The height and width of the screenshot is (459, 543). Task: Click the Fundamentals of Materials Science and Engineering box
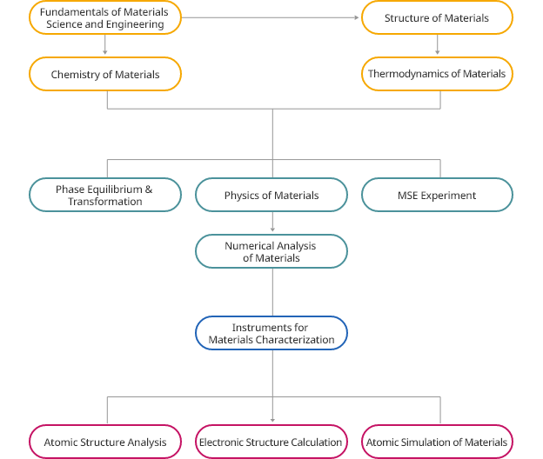104,18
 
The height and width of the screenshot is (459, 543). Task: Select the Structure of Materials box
436,18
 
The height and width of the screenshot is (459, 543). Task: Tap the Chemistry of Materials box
104,75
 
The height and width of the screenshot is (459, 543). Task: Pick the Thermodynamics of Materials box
436,74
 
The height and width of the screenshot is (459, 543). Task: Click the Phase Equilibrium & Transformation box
104,195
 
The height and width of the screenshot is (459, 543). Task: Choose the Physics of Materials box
271,195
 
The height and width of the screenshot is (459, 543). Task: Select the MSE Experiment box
436,195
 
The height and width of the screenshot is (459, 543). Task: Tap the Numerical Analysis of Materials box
271,251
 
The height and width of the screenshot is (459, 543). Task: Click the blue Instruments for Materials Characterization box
271,333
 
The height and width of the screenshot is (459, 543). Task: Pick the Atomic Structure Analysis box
104,442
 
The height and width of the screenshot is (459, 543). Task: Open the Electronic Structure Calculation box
271,442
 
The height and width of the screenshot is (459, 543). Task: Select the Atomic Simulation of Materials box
436,442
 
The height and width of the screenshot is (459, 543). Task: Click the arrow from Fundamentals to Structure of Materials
270,18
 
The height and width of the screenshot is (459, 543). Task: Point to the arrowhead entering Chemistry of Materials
104,52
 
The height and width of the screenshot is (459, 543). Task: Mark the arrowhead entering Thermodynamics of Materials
436,52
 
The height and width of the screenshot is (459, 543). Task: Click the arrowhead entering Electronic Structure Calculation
272,421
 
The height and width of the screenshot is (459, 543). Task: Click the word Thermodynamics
404,74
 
